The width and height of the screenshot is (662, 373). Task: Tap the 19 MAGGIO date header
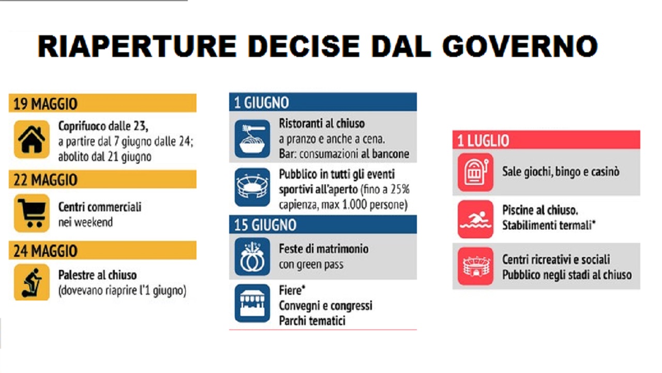coord(102,103)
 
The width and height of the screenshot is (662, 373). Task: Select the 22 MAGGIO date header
coord(102,179)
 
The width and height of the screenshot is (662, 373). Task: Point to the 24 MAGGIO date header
coord(102,250)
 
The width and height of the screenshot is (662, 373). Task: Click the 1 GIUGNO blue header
coord(323,102)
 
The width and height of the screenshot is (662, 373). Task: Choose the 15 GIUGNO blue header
coord(323,224)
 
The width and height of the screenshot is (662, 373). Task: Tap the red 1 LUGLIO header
coord(547,140)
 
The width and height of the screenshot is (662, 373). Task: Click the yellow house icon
coord(32,139)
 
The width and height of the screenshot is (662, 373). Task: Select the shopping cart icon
coord(32,213)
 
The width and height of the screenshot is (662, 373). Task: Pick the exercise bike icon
coord(32,282)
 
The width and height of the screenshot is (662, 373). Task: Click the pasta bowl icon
coord(252,138)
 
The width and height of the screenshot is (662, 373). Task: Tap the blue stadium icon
coord(252,187)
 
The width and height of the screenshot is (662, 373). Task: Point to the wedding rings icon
coord(252,256)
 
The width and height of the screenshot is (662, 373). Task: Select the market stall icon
coord(252,303)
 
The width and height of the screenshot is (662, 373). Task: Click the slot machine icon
coord(475,173)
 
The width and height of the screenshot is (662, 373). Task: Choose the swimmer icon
coord(475,219)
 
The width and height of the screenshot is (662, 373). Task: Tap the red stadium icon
coord(475,266)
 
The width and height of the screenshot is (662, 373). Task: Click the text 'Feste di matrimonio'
coord(324,249)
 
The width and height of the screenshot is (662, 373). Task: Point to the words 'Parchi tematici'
coord(312,321)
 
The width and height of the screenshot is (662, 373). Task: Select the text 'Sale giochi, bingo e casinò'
coord(561,172)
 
